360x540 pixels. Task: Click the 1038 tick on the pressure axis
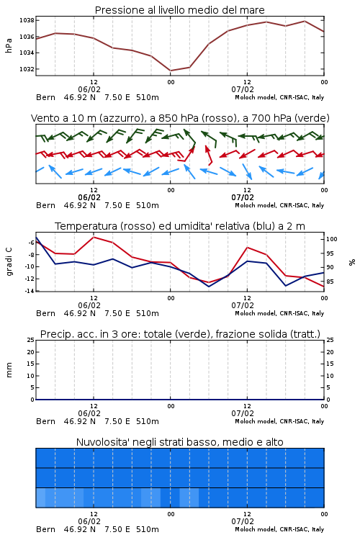point(27,20)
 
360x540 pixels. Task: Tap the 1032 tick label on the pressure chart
point(27,69)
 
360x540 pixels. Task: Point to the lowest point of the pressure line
point(170,71)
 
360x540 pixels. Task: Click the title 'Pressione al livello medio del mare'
point(180,10)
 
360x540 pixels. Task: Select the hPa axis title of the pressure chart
point(9,45)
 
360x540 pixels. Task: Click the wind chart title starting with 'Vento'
point(180,118)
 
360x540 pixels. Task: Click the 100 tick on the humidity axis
point(332,239)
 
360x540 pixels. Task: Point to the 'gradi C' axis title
point(9,262)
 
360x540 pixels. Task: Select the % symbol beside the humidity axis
point(352,262)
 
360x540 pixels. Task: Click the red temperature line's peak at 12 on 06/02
point(94,238)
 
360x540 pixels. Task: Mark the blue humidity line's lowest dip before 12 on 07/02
point(208,287)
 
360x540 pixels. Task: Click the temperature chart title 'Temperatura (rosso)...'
point(180,226)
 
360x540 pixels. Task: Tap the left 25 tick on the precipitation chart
point(31,340)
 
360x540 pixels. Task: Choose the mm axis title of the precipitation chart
point(9,370)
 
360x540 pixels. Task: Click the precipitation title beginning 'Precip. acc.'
point(180,334)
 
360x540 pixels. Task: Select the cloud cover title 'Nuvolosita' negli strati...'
point(180,442)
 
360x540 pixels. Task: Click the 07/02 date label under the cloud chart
point(243,521)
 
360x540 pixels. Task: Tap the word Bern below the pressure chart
point(45,97)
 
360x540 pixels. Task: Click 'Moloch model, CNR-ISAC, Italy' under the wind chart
point(279,205)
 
